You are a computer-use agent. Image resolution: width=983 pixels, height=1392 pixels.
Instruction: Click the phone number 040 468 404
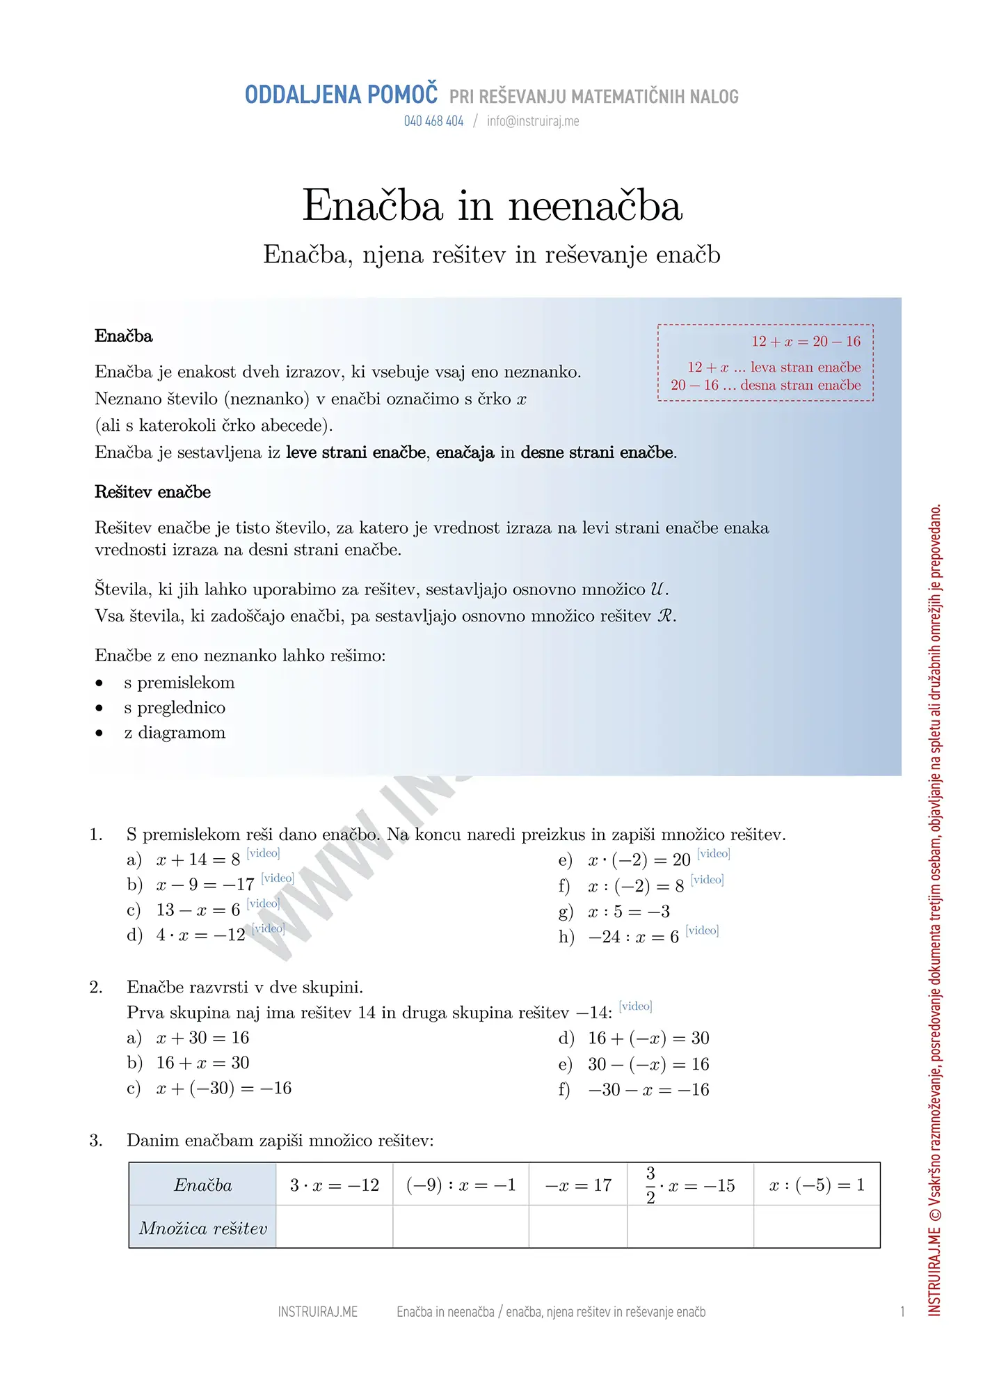pyautogui.click(x=433, y=121)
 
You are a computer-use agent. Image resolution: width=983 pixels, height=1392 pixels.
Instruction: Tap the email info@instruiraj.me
pyautogui.click(x=533, y=121)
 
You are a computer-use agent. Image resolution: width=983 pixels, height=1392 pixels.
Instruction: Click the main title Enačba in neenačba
pyautogui.click(x=492, y=206)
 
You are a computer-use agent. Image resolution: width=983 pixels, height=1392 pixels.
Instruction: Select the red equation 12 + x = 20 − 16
pyautogui.click(x=806, y=342)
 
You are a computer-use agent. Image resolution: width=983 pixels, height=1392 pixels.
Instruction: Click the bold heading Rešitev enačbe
pyautogui.click(x=152, y=492)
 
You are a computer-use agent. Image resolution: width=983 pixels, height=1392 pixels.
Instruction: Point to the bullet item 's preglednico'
pyautogui.click(x=175, y=708)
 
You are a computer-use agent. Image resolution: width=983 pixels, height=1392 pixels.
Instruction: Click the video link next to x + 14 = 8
pyautogui.click(x=264, y=853)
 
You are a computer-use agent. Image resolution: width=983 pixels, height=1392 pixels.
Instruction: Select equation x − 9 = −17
pyautogui.click(x=205, y=885)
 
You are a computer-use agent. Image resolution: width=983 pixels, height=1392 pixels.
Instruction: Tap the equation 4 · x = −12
pyautogui.click(x=200, y=935)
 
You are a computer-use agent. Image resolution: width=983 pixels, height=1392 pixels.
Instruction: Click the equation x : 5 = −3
pyautogui.click(x=628, y=912)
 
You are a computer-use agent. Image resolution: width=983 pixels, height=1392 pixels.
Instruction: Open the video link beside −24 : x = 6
pyautogui.click(x=702, y=931)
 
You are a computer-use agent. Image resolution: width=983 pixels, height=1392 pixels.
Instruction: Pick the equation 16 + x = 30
pyautogui.click(x=202, y=1063)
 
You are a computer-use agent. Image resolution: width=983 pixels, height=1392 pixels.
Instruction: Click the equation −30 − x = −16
pyautogui.click(x=648, y=1090)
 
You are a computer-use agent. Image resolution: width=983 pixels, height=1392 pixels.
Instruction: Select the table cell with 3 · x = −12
pyautogui.click(x=335, y=1185)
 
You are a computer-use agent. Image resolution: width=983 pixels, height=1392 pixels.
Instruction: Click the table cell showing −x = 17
pyautogui.click(x=578, y=1185)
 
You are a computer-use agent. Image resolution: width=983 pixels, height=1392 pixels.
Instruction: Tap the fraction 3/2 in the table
pyautogui.click(x=650, y=1185)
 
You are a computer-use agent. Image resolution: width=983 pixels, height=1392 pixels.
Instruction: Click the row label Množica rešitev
pyautogui.click(x=203, y=1228)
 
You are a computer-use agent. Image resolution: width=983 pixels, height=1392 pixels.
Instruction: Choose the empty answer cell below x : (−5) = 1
pyautogui.click(x=817, y=1228)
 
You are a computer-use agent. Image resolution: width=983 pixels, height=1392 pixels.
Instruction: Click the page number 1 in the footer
pyautogui.click(x=902, y=1312)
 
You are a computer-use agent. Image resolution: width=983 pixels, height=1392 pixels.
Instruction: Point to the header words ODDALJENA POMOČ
pyautogui.click(x=342, y=95)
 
